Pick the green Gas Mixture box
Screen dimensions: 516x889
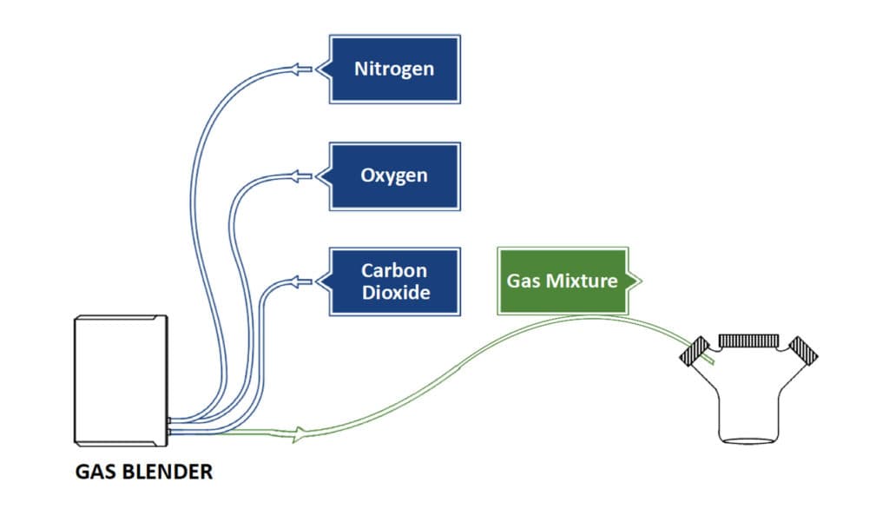562,281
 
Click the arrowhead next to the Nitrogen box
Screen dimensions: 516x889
301,69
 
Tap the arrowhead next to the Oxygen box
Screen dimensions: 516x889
301,176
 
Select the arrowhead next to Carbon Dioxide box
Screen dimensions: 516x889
301,281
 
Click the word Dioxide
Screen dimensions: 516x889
395,293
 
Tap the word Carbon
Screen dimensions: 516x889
394,270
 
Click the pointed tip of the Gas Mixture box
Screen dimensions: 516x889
641,281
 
